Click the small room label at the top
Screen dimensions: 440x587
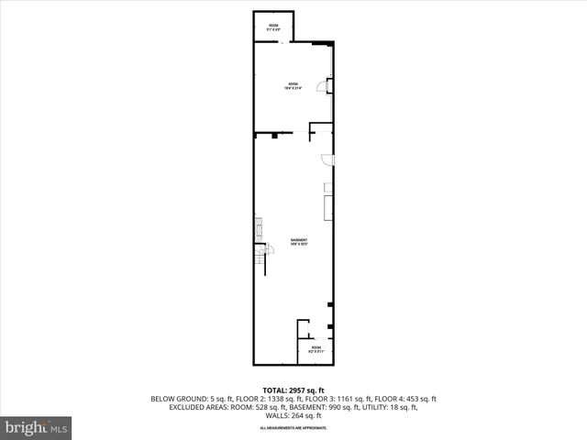click(x=273, y=27)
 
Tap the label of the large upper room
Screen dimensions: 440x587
click(x=293, y=86)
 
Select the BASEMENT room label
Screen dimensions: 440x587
click(x=299, y=242)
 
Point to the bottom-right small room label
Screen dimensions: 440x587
click(x=316, y=349)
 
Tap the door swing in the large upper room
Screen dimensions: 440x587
click(x=322, y=87)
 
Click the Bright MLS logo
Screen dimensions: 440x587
click(x=36, y=427)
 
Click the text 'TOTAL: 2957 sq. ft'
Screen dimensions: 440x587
click(x=293, y=390)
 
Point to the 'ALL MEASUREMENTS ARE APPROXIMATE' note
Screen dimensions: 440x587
click(x=293, y=428)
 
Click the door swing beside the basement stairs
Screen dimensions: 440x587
click(x=268, y=249)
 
